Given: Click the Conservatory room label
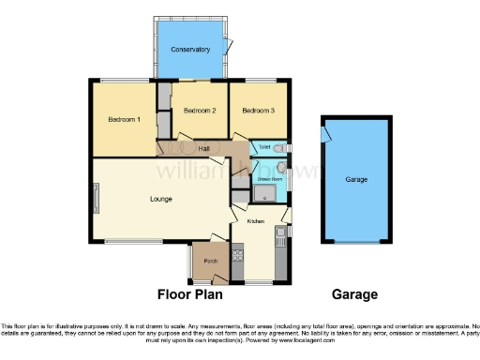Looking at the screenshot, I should [x=190, y=49].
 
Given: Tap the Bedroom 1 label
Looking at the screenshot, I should [x=124, y=120].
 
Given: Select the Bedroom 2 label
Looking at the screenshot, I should [x=200, y=111].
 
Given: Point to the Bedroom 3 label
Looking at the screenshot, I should [x=259, y=111].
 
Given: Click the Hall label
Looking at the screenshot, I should [x=203, y=148].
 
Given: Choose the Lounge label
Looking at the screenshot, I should [x=162, y=199].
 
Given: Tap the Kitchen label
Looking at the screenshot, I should [x=257, y=221].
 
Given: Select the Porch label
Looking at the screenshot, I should [x=211, y=262].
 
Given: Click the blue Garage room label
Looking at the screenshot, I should [x=356, y=179].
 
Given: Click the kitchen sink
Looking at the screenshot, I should [x=279, y=233].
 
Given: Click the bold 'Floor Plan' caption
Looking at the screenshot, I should [x=189, y=294].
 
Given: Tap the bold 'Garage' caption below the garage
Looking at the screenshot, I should [x=355, y=294].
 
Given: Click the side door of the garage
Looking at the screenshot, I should [x=324, y=136].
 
